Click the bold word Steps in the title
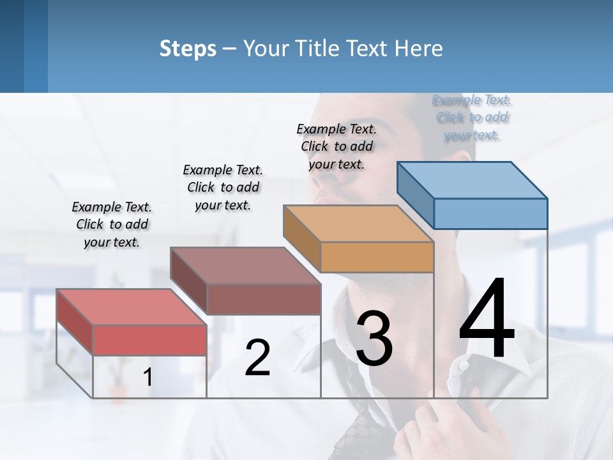click(188, 49)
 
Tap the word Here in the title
click(419, 49)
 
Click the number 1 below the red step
click(148, 378)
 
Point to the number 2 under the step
click(257, 358)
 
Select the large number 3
click(374, 339)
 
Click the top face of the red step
click(131, 307)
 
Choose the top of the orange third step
click(358, 224)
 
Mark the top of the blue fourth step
click(471, 180)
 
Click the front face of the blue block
click(490, 213)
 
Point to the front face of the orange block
click(377, 257)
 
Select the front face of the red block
click(149, 340)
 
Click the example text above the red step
click(112, 224)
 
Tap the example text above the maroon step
click(223, 187)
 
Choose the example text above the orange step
click(337, 146)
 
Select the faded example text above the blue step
click(472, 117)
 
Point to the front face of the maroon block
click(264, 299)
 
